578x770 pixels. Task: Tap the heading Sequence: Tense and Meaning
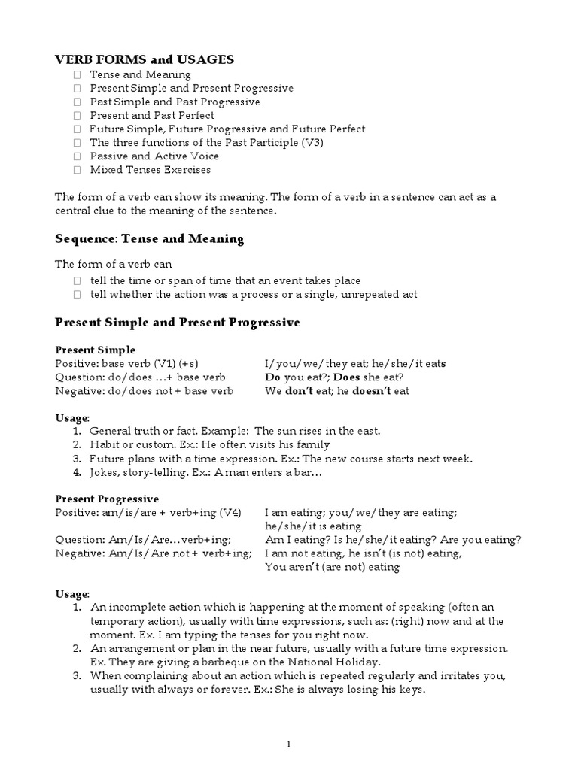click(150, 239)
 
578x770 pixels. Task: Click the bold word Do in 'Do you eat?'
click(273, 377)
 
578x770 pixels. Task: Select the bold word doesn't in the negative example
click(361, 391)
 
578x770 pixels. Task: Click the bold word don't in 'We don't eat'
click(298, 391)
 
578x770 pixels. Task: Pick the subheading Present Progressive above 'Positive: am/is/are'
click(107, 499)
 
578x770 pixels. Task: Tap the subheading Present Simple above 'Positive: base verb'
click(96, 350)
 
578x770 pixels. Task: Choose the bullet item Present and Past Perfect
click(151, 116)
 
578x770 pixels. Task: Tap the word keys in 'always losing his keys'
click(412, 689)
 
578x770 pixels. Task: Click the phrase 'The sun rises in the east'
click(318, 431)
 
